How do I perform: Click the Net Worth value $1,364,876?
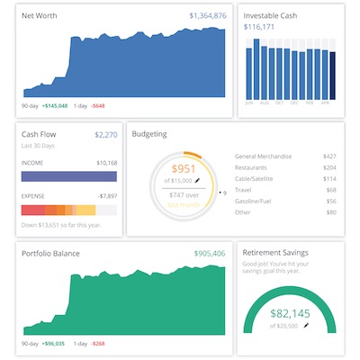(x=208, y=15)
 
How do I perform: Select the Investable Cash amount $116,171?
(x=259, y=27)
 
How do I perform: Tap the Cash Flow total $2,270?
(x=106, y=135)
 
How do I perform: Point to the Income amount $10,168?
(x=105, y=163)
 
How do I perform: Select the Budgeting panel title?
(x=149, y=135)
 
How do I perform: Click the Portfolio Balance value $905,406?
(x=208, y=254)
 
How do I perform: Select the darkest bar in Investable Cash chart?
(x=332, y=76)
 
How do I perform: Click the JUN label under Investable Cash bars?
(x=248, y=103)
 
